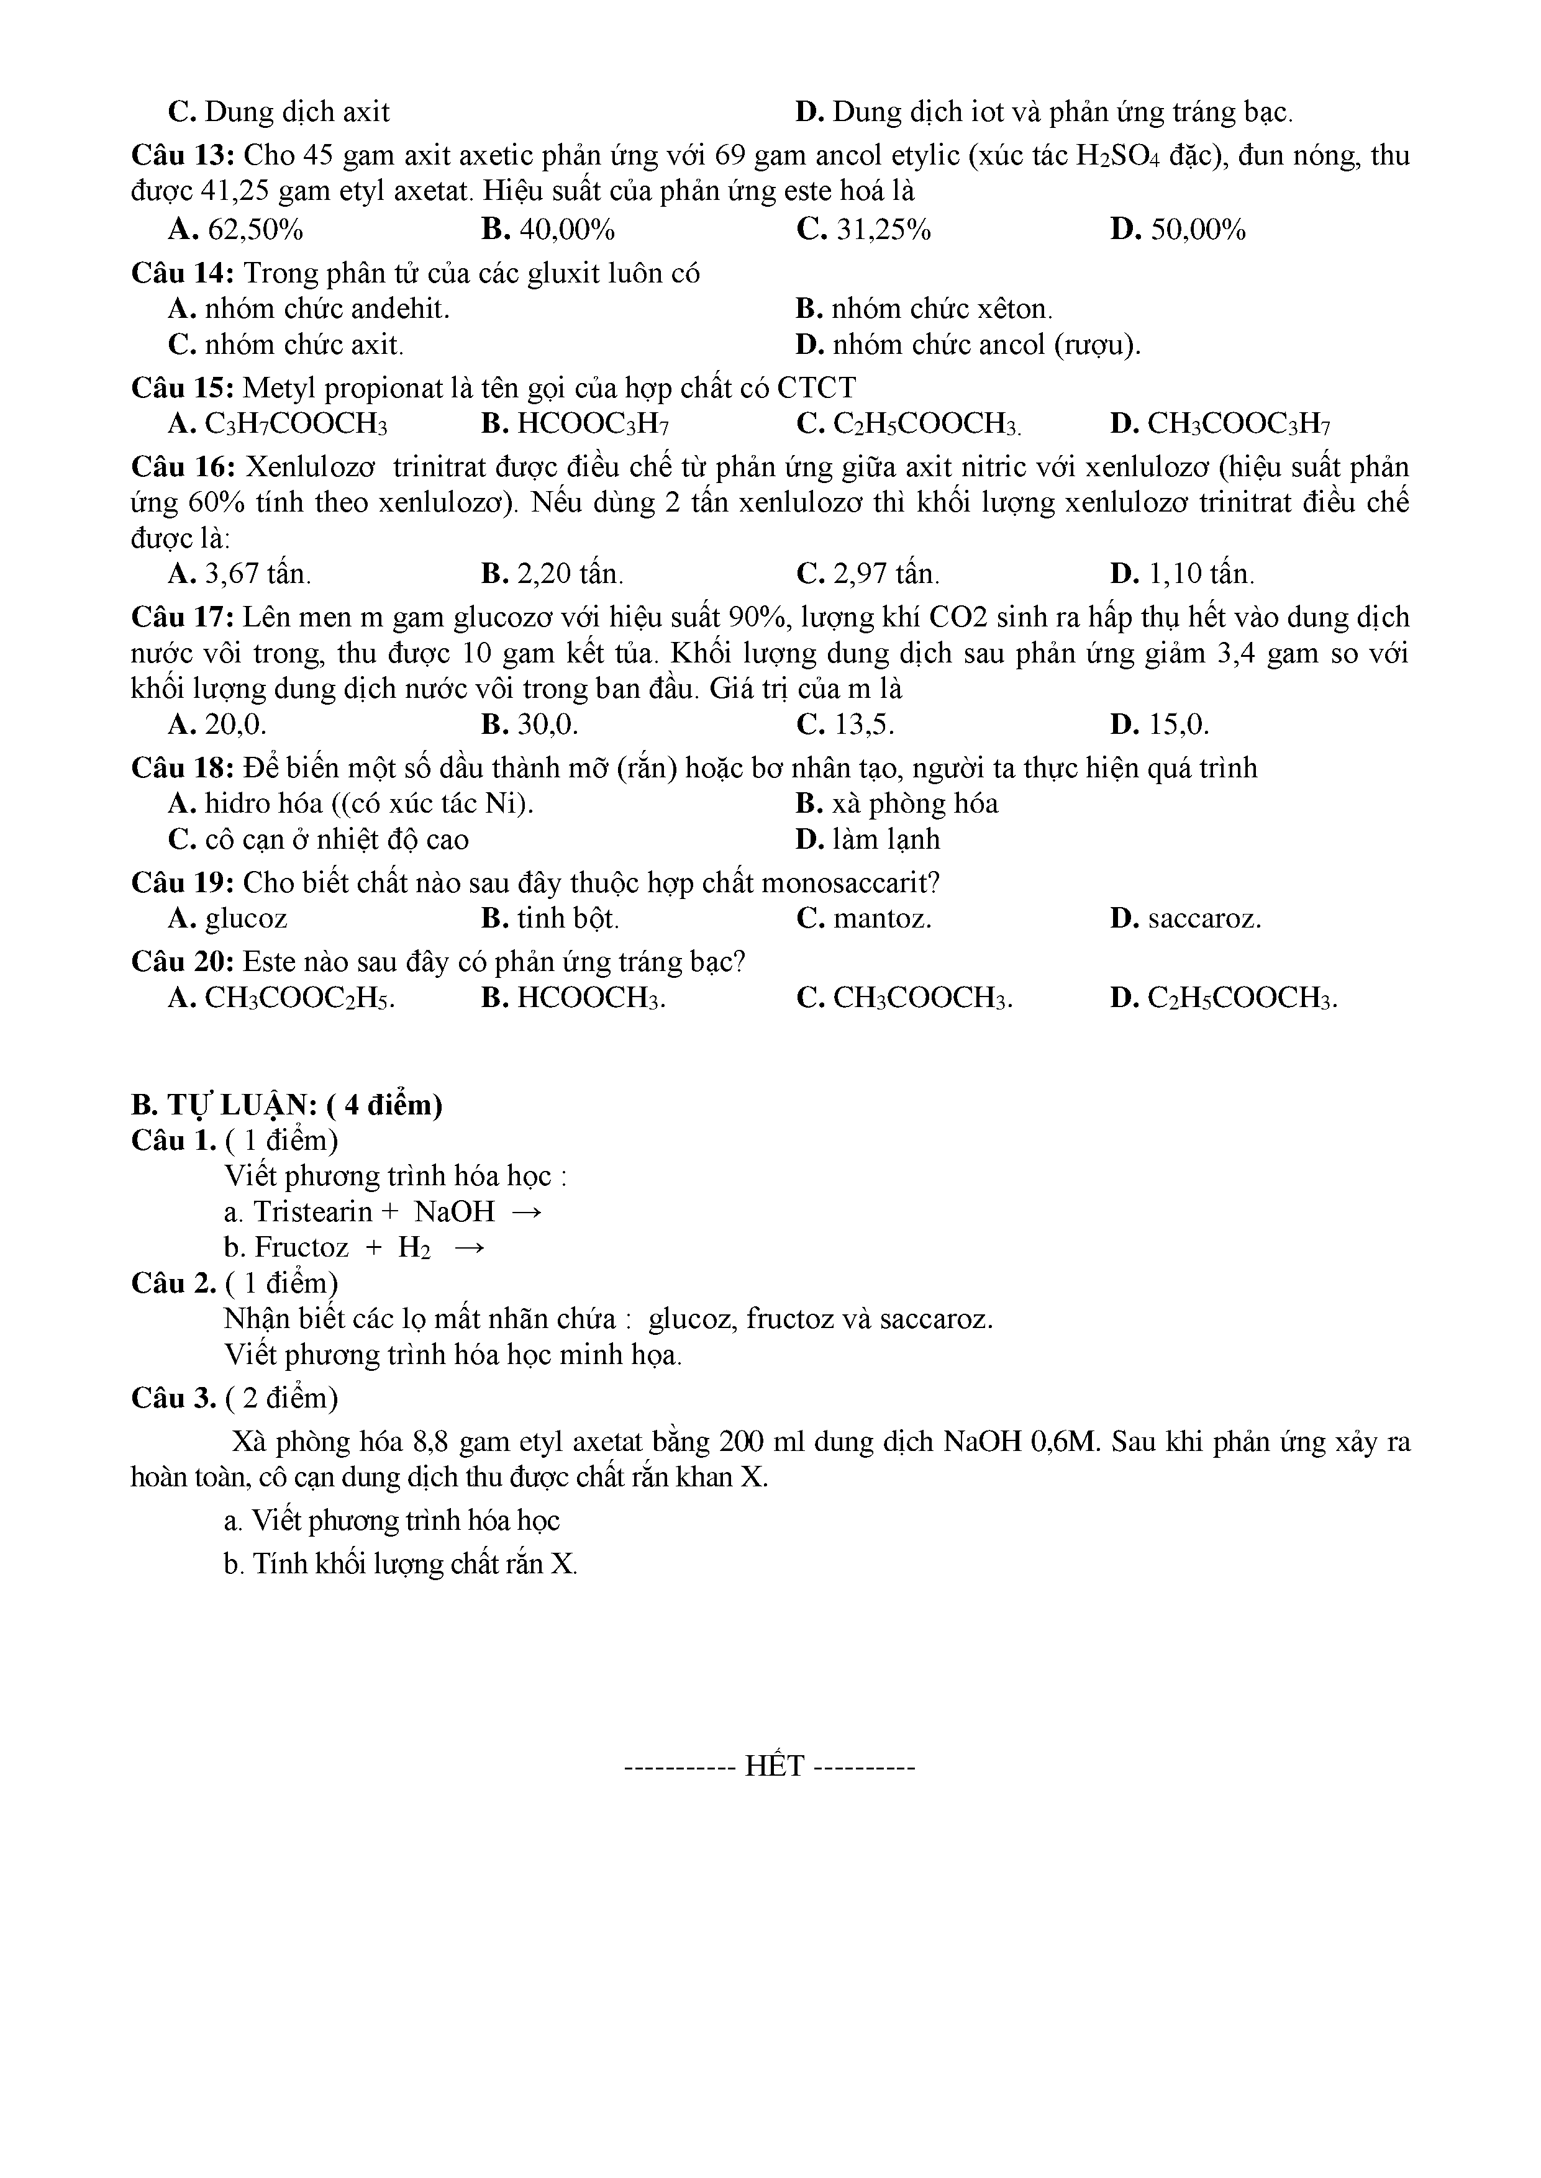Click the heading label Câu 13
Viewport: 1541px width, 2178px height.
182,156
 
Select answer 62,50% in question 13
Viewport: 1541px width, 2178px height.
235,230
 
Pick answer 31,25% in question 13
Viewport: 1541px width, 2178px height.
863,230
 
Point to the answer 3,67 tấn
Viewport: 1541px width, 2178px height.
240,574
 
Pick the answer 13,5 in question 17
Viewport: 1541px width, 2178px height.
847,726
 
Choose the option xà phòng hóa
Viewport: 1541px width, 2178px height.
897,805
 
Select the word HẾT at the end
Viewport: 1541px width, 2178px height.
775,1766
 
